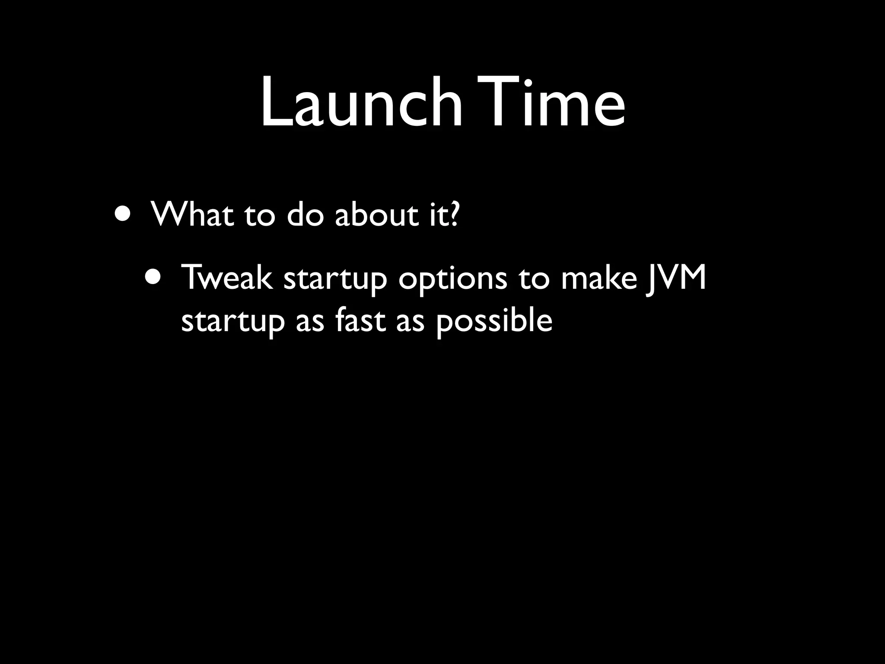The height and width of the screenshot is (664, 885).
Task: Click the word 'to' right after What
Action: (x=260, y=215)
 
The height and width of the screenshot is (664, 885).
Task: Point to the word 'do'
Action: (x=305, y=214)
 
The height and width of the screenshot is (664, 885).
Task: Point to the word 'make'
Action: (x=599, y=278)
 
